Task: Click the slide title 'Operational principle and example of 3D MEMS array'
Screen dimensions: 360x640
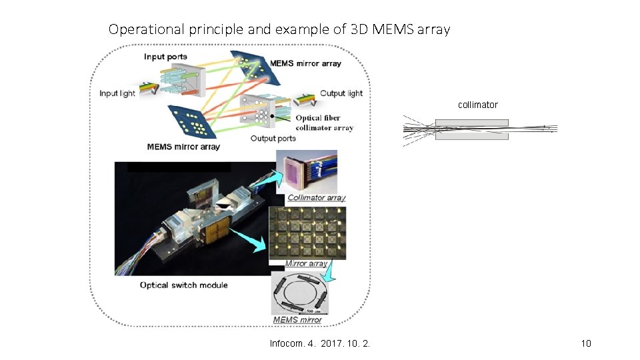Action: [x=279, y=29]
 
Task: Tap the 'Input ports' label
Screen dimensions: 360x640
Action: [x=165, y=57]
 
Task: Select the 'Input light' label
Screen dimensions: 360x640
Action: [x=117, y=93]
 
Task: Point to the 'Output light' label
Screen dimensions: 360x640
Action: [x=341, y=93]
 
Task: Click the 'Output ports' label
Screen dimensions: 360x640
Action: [x=273, y=139]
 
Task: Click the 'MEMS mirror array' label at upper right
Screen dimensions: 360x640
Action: [x=305, y=63]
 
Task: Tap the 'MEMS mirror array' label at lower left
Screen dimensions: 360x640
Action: [x=183, y=147]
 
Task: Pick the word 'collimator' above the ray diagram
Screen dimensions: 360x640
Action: [x=477, y=105]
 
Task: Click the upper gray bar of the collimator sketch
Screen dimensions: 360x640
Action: [x=471, y=123]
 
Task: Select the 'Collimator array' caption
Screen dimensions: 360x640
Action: [x=317, y=198]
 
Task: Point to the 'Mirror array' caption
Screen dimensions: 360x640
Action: [x=306, y=263]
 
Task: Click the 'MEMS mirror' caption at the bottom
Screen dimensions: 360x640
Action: [x=297, y=320]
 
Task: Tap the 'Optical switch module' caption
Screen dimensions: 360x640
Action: [x=183, y=285]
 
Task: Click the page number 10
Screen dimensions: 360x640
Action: [x=586, y=343]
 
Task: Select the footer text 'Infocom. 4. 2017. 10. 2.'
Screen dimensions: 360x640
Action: [x=320, y=343]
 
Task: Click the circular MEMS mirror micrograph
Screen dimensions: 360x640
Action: [x=303, y=292]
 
